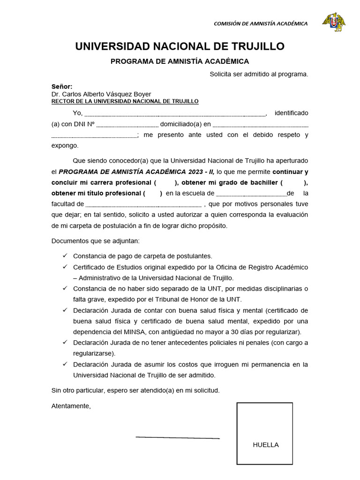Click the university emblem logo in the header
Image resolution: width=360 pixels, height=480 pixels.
click(333, 22)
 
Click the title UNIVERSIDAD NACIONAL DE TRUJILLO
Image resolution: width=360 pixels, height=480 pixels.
click(180, 46)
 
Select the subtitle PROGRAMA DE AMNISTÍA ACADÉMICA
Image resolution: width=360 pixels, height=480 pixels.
click(180, 61)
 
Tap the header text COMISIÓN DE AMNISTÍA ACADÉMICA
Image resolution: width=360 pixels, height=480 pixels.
click(261, 23)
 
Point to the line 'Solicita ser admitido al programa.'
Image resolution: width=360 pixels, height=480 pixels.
click(259, 74)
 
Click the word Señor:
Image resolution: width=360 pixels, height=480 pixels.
click(62, 87)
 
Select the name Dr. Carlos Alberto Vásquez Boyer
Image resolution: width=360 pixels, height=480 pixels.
click(101, 94)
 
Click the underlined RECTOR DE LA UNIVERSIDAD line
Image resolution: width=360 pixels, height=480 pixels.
click(125, 101)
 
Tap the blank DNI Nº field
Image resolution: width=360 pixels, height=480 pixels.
click(127, 126)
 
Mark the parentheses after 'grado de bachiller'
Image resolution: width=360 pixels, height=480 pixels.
click(293, 182)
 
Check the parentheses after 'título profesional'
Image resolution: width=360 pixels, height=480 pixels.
click(152, 193)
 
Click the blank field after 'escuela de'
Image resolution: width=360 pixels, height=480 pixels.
click(251, 195)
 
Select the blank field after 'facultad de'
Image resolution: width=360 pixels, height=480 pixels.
click(143, 205)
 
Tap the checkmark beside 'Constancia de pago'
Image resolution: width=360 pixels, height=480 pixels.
click(65, 256)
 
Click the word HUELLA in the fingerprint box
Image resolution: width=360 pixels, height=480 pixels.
click(265, 445)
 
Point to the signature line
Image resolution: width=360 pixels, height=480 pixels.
click(177, 437)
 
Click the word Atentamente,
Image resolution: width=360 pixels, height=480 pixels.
click(71, 406)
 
